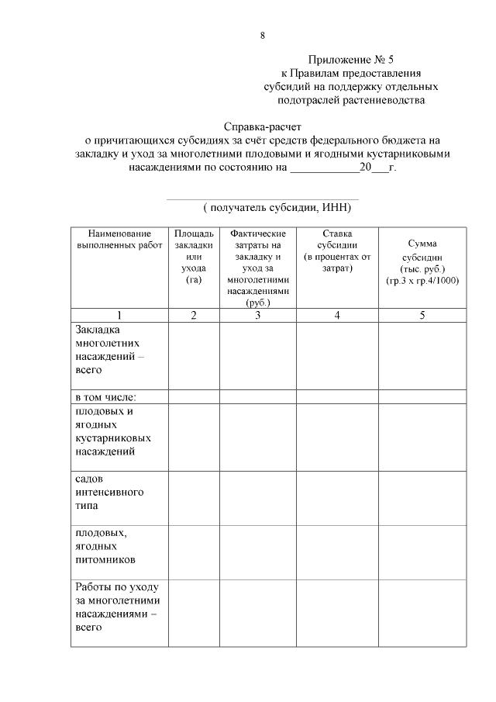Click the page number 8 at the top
(263, 36)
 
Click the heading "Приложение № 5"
(351, 60)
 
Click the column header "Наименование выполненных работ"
(119, 239)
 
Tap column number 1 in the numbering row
(119, 315)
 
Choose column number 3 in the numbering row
(258, 315)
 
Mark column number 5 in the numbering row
(422, 315)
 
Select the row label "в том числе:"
(105, 397)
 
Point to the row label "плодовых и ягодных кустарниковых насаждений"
(113, 431)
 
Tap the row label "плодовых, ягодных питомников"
(105, 546)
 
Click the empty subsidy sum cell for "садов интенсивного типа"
(422, 497)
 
